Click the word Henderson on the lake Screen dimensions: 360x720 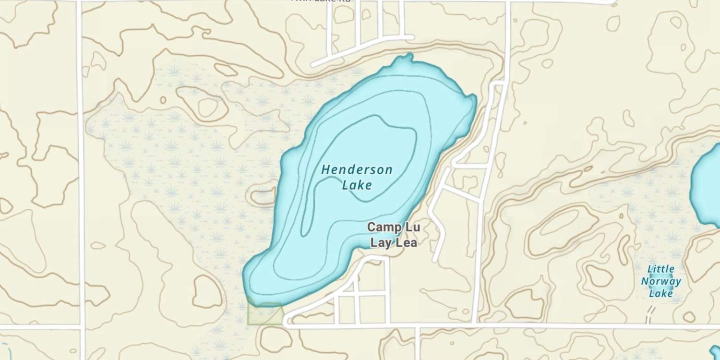click(357, 169)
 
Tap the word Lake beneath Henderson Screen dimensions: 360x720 click(357, 184)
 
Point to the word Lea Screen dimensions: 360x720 click(406, 243)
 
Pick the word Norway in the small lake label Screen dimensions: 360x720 click(661, 281)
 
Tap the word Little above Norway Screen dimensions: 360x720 click(661, 269)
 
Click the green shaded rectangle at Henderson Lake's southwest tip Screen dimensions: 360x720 click(264, 314)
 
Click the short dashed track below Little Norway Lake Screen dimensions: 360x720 click(650, 315)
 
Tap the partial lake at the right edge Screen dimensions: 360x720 click(708, 185)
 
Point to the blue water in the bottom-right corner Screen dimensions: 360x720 click(716, 353)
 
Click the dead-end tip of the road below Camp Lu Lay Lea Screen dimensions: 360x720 click(435, 260)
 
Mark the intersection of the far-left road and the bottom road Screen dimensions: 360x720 click(81, 327)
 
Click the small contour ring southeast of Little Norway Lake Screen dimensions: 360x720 click(689, 317)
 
